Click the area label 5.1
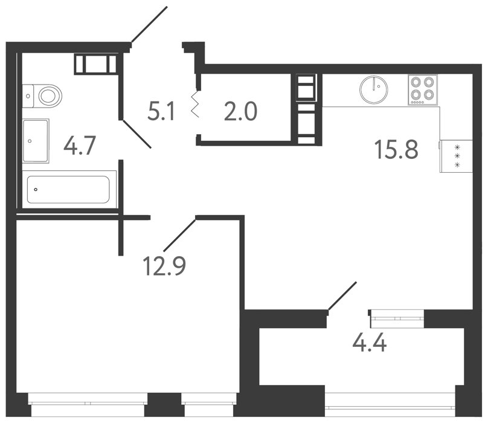click(x=161, y=112)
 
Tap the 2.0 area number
click(x=240, y=112)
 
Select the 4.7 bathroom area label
click(x=79, y=146)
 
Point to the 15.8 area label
click(x=396, y=149)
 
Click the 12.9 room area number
click(x=164, y=266)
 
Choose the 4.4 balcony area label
click(x=370, y=343)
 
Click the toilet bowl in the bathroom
click(x=50, y=95)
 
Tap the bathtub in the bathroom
click(x=69, y=189)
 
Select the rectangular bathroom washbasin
click(x=36, y=141)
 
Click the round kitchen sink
click(x=373, y=89)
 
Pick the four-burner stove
click(x=423, y=89)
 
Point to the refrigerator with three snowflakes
click(x=456, y=156)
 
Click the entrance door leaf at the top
click(x=149, y=24)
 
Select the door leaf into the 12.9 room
click(x=179, y=235)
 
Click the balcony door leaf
click(x=342, y=296)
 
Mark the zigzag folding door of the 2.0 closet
click(x=195, y=105)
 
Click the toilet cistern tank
click(x=28, y=96)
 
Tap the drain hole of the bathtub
click(x=36, y=189)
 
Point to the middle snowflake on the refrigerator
click(x=457, y=156)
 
